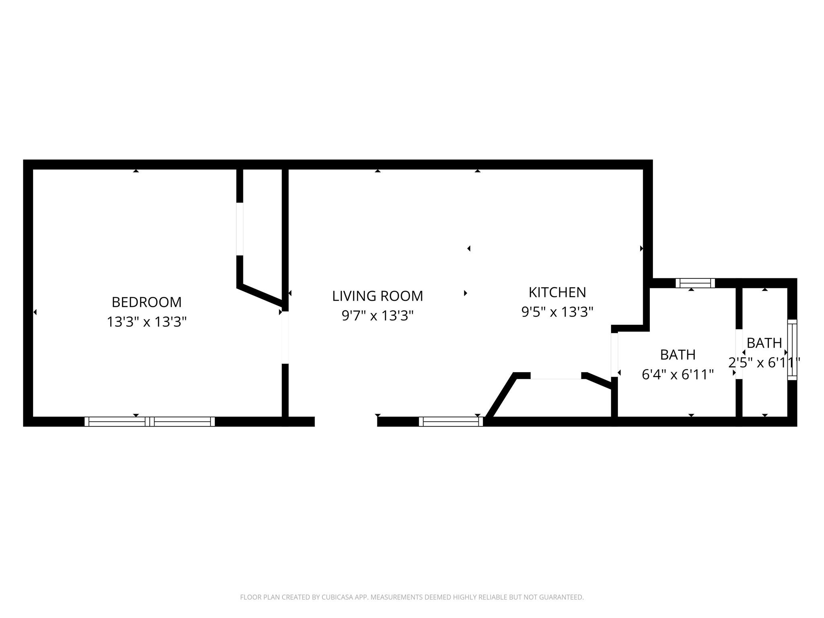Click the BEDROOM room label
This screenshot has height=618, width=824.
click(x=146, y=302)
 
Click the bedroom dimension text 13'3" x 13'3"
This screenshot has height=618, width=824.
click(x=146, y=322)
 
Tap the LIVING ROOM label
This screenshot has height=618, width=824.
click(x=377, y=296)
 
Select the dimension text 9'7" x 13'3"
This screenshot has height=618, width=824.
click(x=377, y=316)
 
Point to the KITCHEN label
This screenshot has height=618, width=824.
click(x=557, y=293)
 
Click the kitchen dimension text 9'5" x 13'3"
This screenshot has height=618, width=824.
click(x=557, y=312)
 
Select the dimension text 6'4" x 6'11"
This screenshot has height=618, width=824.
click(x=678, y=375)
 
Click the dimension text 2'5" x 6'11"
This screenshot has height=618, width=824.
click(x=764, y=363)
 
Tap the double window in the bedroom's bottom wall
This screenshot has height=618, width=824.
click(x=150, y=421)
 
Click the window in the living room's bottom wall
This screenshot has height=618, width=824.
click(x=451, y=421)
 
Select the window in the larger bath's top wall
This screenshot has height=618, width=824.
click(x=695, y=283)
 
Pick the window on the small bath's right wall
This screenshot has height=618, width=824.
click(x=792, y=350)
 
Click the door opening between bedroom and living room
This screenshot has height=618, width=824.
click(x=285, y=337)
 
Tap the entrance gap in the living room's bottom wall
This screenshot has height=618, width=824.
click(x=346, y=421)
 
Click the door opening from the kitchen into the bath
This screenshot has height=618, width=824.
click(x=614, y=354)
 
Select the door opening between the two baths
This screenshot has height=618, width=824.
click(x=739, y=354)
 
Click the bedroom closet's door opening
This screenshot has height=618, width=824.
click(x=240, y=229)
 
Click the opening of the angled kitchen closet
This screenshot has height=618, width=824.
click(x=556, y=376)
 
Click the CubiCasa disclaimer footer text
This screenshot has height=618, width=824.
click(x=412, y=597)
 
